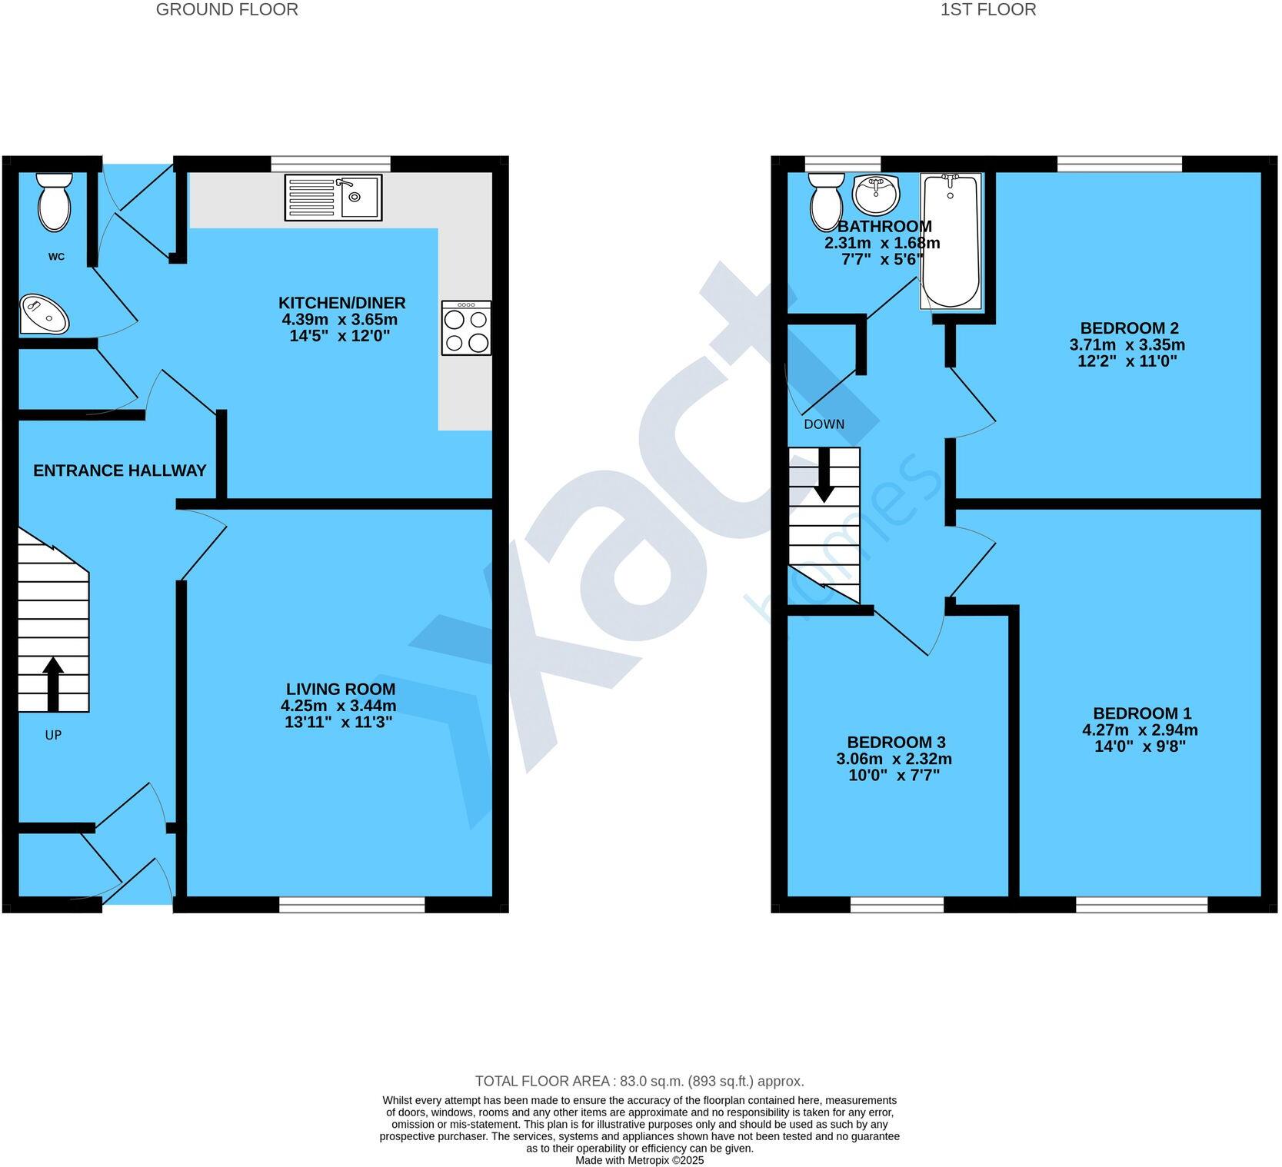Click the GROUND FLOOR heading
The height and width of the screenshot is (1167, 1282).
[x=227, y=10]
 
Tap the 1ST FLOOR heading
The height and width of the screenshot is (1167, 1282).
[x=988, y=10]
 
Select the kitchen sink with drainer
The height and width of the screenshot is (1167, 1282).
[x=333, y=198]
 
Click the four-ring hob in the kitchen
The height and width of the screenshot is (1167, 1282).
[x=466, y=327]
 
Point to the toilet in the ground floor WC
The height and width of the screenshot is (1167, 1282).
[x=55, y=201]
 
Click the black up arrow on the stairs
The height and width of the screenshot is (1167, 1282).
[x=53, y=683]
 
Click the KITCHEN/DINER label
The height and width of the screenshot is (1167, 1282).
[x=341, y=303]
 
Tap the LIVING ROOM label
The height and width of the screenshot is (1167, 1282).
[x=341, y=689]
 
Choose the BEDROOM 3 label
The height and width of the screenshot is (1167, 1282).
[x=896, y=742]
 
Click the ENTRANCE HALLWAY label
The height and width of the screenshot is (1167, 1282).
[x=120, y=470]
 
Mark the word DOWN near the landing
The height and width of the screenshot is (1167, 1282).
[x=824, y=424]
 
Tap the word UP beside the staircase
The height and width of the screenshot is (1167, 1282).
[x=53, y=735]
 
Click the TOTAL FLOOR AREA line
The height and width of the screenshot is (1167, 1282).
[x=639, y=1081]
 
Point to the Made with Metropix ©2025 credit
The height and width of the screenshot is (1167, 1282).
[x=639, y=1160]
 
